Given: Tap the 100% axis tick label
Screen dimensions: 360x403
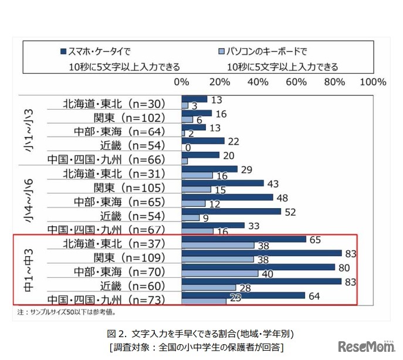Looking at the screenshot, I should [x=372, y=81].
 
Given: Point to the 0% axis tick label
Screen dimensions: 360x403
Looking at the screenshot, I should [x=182, y=81].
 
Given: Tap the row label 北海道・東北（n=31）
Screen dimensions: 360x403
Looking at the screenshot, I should [x=114, y=174].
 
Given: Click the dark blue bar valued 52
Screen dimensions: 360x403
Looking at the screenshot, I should [x=231, y=212].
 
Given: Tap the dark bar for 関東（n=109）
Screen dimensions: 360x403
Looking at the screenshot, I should [x=262, y=253].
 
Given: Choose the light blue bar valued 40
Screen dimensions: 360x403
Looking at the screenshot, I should [x=220, y=273].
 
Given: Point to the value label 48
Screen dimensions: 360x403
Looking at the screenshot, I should [x=283, y=198].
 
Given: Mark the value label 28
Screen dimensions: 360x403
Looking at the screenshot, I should [x=244, y=287].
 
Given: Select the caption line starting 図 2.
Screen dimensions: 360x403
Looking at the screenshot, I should [x=201, y=333].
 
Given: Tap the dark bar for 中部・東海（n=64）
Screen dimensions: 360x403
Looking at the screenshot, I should [x=194, y=127].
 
